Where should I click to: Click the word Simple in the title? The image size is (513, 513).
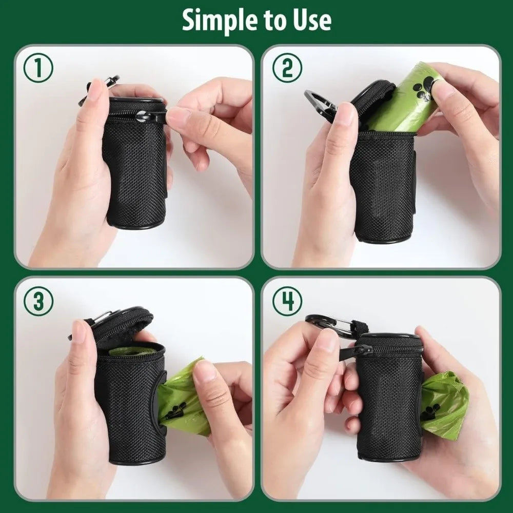click(x=212, y=21)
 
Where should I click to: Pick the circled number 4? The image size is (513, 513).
click(x=287, y=301)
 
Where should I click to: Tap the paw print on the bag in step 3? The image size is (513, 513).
click(x=176, y=410)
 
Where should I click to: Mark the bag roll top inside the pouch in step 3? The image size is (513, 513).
click(x=132, y=351)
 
